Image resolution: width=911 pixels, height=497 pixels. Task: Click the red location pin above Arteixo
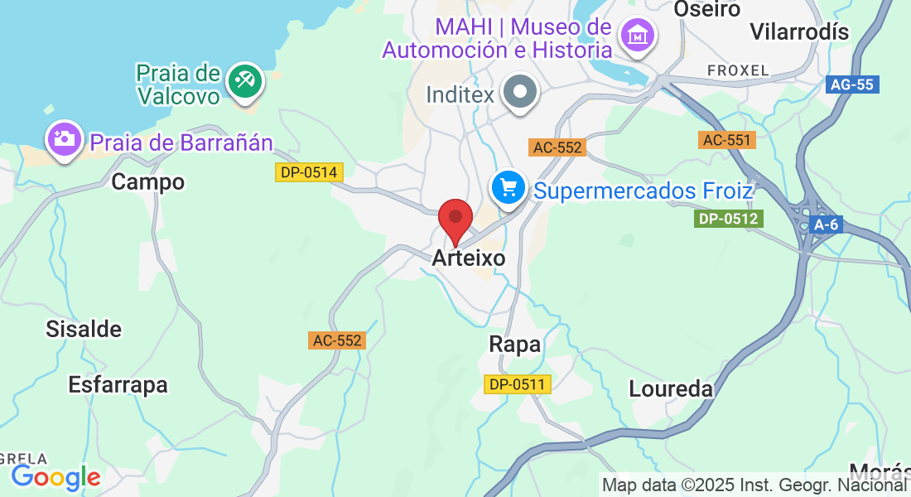click(x=455, y=218)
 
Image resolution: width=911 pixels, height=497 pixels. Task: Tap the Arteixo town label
click(x=468, y=258)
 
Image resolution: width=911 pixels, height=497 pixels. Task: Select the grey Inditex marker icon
click(x=522, y=92)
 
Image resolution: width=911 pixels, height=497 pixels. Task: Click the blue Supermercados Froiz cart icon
click(x=508, y=189)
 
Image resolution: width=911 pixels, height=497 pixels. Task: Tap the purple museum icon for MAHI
click(x=637, y=36)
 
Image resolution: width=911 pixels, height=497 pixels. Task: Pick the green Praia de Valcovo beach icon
click(x=245, y=81)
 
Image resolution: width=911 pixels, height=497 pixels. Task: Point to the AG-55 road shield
click(x=852, y=84)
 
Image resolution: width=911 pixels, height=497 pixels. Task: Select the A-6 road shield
click(x=826, y=224)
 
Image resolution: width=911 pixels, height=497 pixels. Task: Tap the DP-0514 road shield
click(x=309, y=172)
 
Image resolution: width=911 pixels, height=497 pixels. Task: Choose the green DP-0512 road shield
click(x=729, y=219)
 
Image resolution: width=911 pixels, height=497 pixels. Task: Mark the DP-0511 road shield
click(x=518, y=384)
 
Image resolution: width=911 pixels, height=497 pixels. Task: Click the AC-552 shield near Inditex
click(x=558, y=147)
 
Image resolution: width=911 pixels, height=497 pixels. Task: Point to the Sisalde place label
click(x=84, y=330)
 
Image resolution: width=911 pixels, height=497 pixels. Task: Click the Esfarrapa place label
click(x=118, y=385)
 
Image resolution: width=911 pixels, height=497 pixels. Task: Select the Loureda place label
click(x=671, y=388)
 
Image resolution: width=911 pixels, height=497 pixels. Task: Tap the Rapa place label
click(x=514, y=345)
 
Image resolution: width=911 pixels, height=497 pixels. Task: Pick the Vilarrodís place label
click(x=799, y=32)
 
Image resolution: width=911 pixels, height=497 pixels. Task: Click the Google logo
click(x=55, y=478)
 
